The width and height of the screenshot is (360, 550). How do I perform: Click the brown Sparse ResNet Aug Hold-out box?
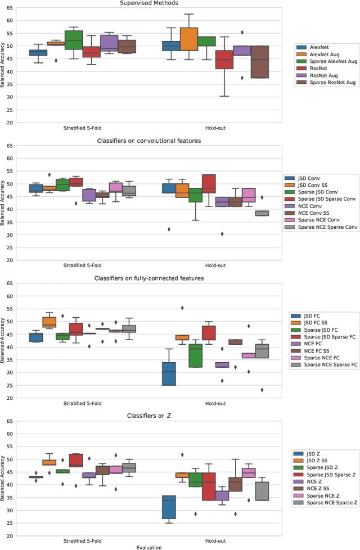(x=259, y=62)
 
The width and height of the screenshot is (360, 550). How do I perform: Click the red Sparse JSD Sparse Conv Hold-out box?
(x=209, y=183)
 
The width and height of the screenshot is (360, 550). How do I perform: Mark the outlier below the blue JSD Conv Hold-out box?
(x=169, y=229)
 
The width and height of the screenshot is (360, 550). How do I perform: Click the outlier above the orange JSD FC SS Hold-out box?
(x=182, y=308)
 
